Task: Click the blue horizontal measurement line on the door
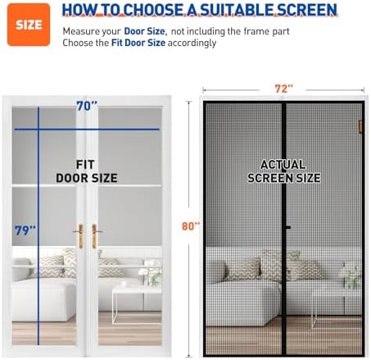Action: pos(98,128)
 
